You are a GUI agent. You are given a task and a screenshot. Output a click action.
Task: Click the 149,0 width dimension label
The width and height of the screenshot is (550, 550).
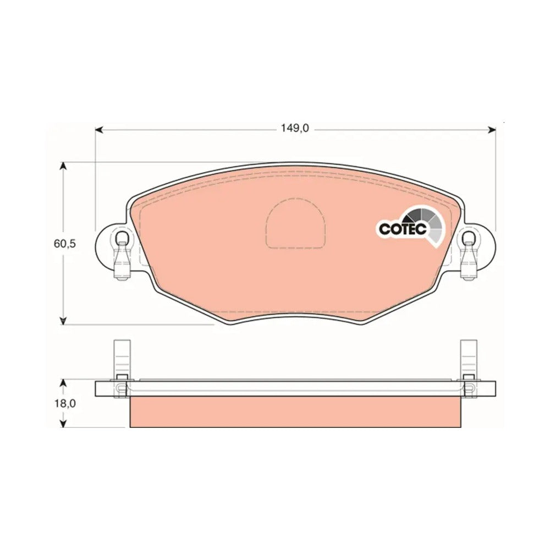click(294, 128)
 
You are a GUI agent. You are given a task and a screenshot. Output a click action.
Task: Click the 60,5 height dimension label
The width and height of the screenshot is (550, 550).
click(64, 244)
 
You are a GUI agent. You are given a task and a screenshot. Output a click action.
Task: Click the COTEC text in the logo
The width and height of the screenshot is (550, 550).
click(403, 229)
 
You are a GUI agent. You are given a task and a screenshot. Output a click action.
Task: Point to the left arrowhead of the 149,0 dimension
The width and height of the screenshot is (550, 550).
click(99, 130)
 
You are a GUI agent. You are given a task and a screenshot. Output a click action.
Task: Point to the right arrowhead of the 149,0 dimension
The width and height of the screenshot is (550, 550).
click(492, 130)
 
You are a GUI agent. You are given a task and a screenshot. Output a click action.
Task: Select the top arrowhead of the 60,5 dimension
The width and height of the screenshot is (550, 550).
click(63, 166)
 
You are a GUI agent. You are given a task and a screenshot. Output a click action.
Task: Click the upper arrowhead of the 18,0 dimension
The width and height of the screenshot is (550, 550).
click(63, 383)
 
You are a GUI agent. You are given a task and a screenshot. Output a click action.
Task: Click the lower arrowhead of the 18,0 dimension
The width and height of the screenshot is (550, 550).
click(63, 424)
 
